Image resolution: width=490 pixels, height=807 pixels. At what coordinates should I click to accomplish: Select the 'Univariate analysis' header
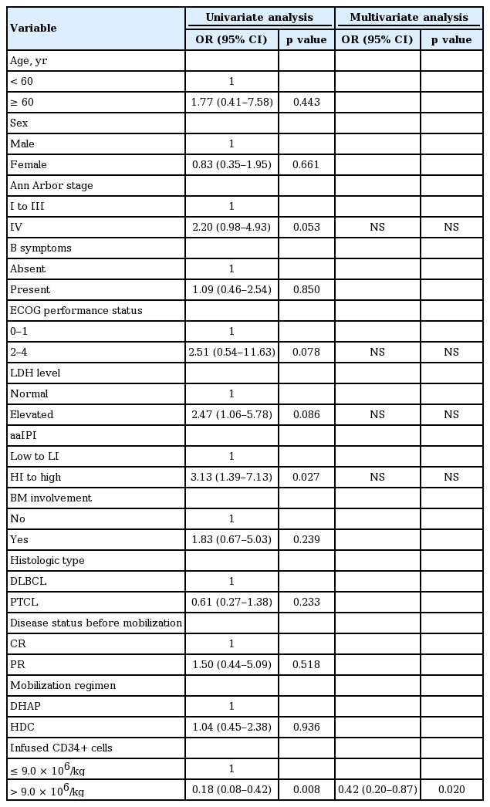click(259, 17)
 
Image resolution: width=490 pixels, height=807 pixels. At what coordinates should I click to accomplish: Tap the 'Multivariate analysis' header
click(408, 17)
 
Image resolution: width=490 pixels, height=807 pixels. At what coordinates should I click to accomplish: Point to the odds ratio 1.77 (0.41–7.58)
click(231, 102)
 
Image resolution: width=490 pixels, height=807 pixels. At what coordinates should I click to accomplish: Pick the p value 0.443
click(306, 102)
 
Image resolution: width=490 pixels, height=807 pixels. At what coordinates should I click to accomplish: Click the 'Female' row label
click(28, 164)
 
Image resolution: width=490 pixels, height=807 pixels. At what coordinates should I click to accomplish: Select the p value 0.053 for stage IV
click(306, 227)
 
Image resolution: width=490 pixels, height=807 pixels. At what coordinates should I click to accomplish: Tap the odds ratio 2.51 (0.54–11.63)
click(231, 352)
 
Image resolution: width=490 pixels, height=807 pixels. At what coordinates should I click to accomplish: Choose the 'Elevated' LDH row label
click(31, 414)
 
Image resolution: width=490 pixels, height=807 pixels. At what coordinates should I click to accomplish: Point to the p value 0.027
click(306, 477)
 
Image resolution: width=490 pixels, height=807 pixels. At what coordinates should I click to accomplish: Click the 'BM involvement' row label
click(50, 498)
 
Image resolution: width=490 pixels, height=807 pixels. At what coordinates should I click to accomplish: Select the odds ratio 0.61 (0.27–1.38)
click(231, 602)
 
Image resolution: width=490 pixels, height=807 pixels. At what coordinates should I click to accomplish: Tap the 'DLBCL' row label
click(26, 581)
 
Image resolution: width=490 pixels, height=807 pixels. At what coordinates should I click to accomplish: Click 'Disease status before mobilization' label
click(95, 623)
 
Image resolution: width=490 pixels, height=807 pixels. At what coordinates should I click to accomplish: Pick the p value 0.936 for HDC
click(306, 727)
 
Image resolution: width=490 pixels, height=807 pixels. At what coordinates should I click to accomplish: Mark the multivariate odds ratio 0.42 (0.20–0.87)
click(377, 789)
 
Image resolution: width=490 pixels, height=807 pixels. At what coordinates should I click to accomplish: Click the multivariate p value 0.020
click(451, 789)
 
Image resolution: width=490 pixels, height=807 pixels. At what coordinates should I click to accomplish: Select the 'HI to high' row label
click(34, 477)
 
